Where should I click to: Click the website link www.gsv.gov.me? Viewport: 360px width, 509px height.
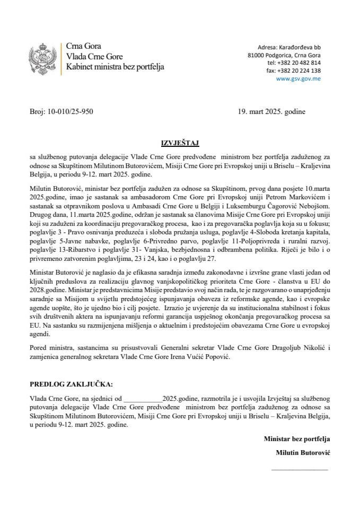(298, 78)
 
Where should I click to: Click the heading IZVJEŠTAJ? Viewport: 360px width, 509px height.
(180, 143)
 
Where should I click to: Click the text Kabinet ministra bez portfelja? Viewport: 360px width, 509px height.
(115, 67)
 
